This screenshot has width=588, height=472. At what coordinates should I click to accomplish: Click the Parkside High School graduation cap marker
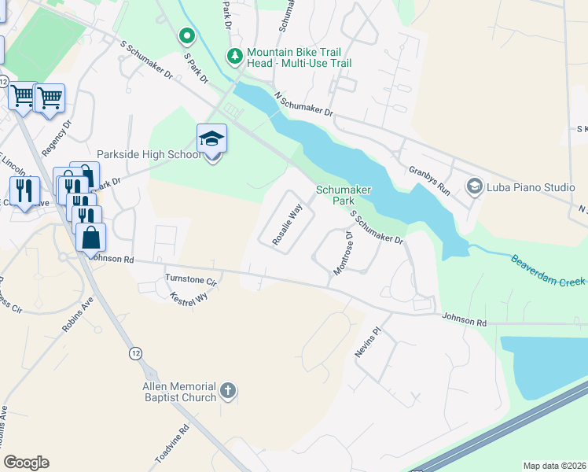[x=211, y=139]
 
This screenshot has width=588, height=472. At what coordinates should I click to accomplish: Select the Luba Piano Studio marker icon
[x=474, y=187]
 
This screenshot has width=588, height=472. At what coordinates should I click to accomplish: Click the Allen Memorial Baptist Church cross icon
[x=227, y=390]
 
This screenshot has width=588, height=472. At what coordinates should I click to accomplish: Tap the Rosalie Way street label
[x=287, y=225]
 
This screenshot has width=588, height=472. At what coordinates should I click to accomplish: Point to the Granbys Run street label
[x=429, y=180]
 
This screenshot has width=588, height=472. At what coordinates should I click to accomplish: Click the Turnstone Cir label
[x=190, y=279]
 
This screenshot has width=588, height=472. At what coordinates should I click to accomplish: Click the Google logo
[x=27, y=463]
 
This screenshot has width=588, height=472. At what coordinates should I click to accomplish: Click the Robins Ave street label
[x=79, y=313]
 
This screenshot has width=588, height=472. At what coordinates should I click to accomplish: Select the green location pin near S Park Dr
[x=186, y=35]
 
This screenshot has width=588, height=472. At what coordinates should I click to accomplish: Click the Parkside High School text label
[x=149, y=155]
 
